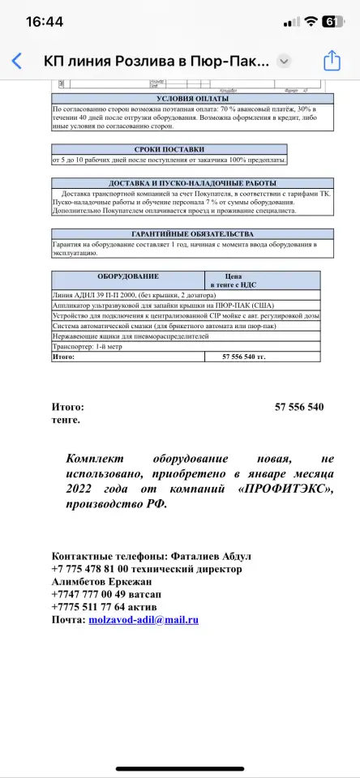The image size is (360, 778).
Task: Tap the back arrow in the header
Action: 17,61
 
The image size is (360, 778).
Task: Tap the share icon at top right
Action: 331,61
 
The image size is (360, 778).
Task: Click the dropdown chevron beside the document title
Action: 284,61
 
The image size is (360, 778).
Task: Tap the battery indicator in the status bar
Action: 332,22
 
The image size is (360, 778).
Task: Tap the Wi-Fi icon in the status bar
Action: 309,22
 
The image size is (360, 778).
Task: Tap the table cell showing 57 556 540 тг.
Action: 244,356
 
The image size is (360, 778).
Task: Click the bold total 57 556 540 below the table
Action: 299,407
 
